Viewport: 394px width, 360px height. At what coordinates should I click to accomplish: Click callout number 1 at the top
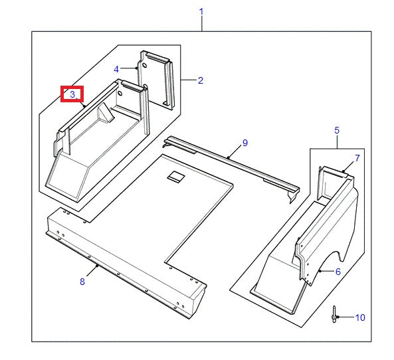click(201, 12)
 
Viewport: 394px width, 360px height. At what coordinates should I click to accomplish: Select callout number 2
click(200, 80)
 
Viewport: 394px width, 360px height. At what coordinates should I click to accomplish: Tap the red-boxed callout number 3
click(72, 94)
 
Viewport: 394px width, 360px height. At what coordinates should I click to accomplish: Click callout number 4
click(116, 68)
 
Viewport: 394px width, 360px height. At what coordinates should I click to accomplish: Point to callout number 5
click(337, 130)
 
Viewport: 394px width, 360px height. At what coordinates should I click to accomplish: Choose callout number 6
click(338, 271)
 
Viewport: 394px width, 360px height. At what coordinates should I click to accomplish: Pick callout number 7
click(357, 158)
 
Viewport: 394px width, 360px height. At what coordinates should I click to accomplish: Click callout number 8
click(82, 282)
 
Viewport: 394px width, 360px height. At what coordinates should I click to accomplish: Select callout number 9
click(245, 143)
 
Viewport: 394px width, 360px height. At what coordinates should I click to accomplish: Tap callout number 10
click(359, 317)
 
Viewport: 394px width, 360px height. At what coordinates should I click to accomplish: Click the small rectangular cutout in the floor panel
click(176, 176)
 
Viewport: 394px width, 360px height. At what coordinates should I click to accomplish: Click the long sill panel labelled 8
click(126, 259)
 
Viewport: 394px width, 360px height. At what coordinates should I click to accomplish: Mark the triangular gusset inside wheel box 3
click(105, 116)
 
